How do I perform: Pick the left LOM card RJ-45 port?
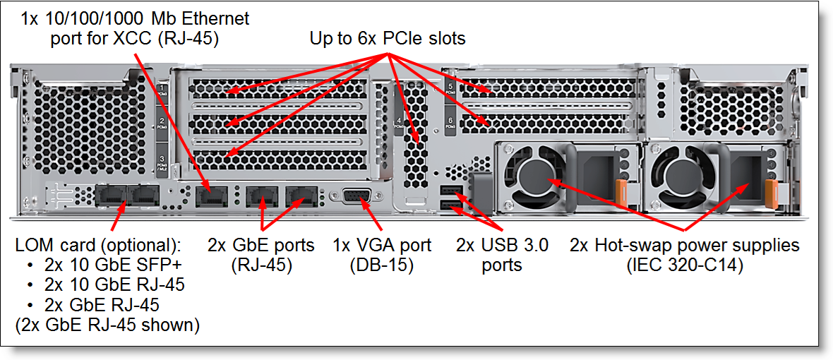click(111, 196)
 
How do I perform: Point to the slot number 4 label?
click(399, 123)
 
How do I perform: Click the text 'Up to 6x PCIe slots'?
click(388, 39)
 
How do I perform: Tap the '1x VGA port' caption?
click(382, 246)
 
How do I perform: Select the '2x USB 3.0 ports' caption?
click(502, 255)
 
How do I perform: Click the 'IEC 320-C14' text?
click(685, 265)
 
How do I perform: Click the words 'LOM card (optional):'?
click(98, 246)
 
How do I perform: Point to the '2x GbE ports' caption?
click(261, 246)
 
